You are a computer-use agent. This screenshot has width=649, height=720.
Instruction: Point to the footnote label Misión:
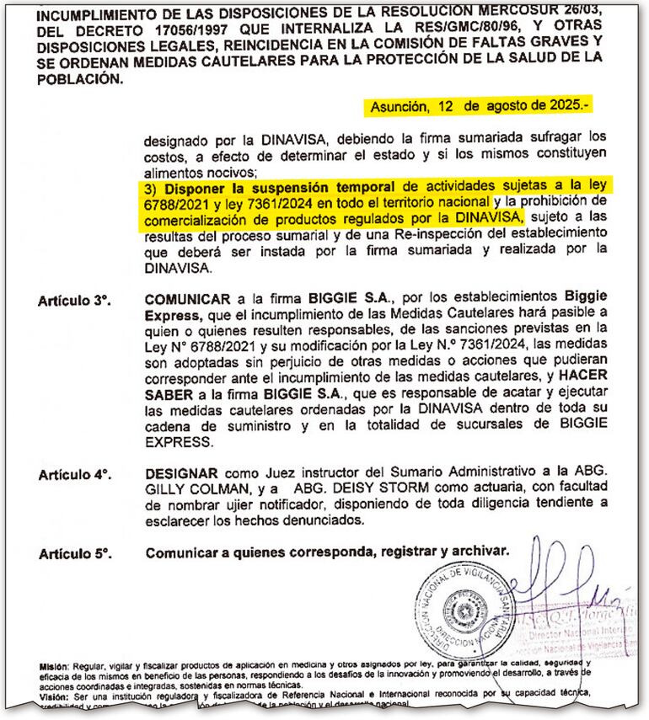54,664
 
